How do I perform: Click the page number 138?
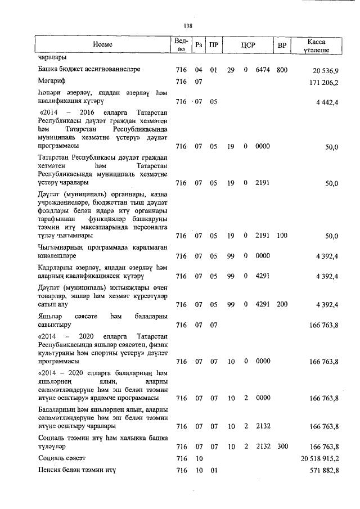(x=188, y=26)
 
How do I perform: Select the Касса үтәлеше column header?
(x=316, y=46)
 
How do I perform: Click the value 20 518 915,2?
(x=319, y=459)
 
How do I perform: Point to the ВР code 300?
(x=282, y=447)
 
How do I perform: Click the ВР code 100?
(x=282, y=236)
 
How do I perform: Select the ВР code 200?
(x=282, y=305)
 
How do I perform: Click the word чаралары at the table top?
(x=53, y=58)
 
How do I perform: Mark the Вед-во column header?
(x=180, y=45)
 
